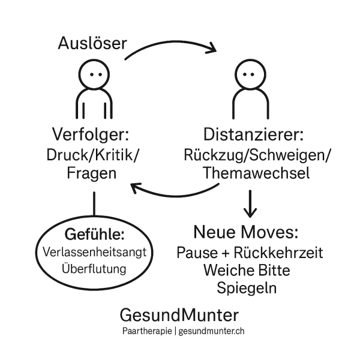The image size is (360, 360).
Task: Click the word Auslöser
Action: (x=92, y=43)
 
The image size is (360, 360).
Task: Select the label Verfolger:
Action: (x=91, y=135)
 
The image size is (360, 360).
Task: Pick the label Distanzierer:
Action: (x=253, y=134)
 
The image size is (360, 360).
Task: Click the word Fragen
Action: (x=92, y=174)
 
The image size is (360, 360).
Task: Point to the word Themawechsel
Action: (x=256, y=173)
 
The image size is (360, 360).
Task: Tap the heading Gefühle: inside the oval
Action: (x=95, y=235)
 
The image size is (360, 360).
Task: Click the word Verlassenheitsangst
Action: (x=94, y=252)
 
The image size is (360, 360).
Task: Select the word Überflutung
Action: (x=94, y=268)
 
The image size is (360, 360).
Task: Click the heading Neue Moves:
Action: (x=245, y=232)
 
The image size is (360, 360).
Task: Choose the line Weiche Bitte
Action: (x=247, y=270)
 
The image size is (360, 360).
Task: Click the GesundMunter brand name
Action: (x=179, y=315)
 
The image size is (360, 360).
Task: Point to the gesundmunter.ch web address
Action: (x=211, y=331)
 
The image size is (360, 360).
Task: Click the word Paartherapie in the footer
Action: (x=147, y=331)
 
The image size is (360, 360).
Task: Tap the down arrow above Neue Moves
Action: (x=250, y=204)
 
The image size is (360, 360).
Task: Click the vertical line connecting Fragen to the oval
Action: (x=94, y=204)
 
